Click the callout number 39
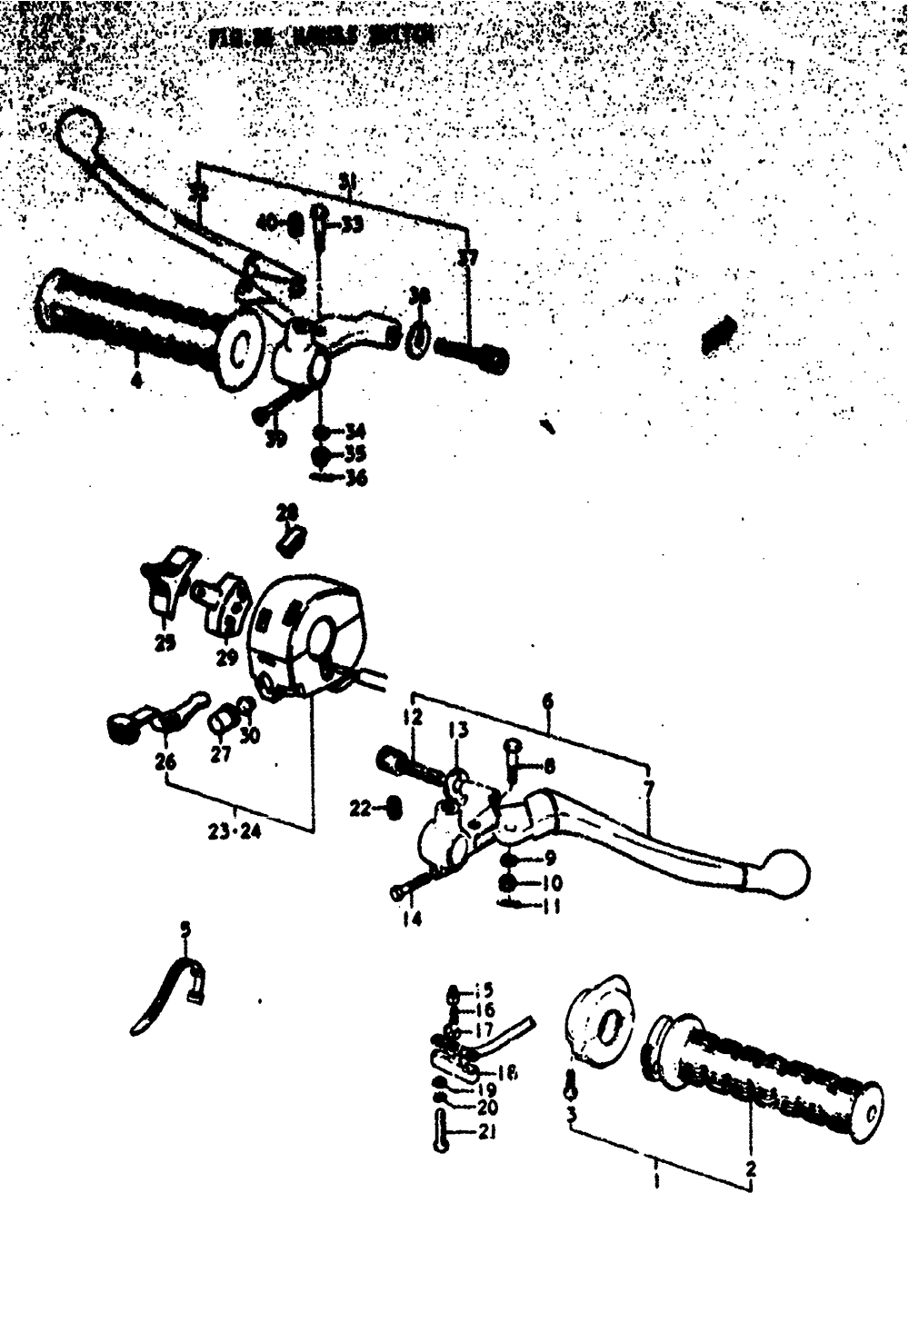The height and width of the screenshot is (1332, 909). (x=276, y=440)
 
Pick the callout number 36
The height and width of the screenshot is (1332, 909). (x=355, y=477)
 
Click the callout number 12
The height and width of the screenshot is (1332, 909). (x=415, y=718)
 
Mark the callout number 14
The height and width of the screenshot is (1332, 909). (x=413, y=919)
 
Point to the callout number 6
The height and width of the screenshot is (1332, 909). (x=547, y=702)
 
